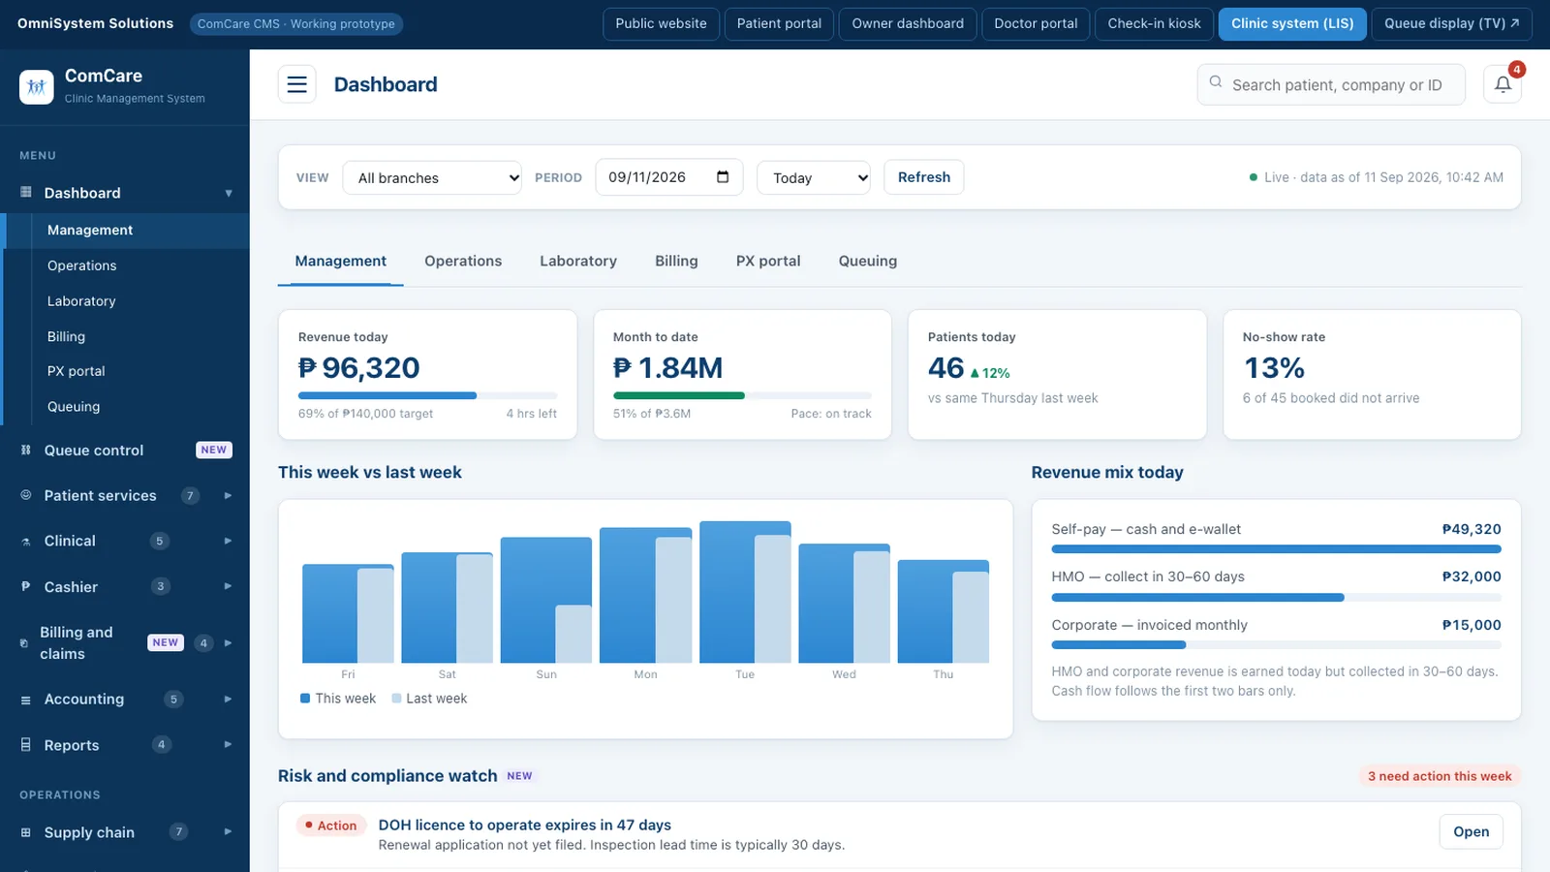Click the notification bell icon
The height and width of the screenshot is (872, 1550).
[x=1503, y=84]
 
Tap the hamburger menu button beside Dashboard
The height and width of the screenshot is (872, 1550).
[x=296, y=84]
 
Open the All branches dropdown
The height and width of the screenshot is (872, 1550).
[x=432, y=178]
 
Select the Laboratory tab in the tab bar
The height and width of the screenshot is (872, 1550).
[x=577, y=261]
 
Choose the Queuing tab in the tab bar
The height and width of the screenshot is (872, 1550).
[x=868, y=261]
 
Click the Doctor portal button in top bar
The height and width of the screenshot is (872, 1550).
[x=1036, y=23]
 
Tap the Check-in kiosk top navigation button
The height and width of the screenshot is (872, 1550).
[x=1154, y=23]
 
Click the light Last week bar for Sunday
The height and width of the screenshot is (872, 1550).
[x=573, y=634]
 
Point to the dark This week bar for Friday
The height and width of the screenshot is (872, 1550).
[x=330, y=613]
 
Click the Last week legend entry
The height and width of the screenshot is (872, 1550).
[x=429, y=699]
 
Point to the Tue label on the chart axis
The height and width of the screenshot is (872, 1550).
[x=745, y=674]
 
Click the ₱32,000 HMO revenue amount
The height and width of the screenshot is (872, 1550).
[x=1472, y=576]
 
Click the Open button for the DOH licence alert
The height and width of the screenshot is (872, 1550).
[x=1471, y=831]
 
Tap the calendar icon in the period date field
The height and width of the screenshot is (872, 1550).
[x=723, y=176]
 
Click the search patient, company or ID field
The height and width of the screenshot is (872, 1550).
[x=1331, y=84]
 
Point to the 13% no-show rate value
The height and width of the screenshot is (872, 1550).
[x=1274, y=367]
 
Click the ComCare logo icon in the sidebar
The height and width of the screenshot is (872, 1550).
[x=37, y=86]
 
